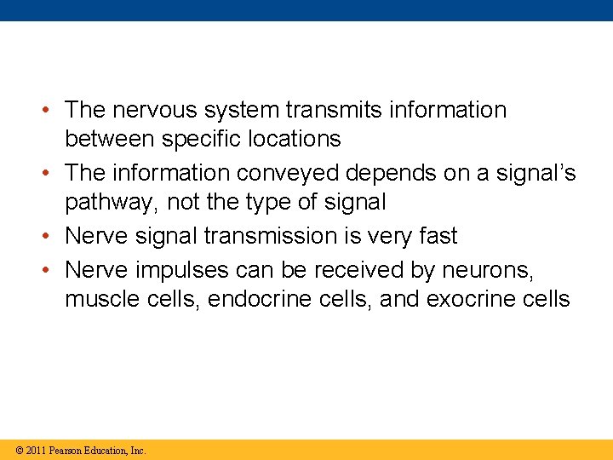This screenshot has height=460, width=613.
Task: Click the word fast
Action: (x=437, y=236)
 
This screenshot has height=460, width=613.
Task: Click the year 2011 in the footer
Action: (x=35, y=450)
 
